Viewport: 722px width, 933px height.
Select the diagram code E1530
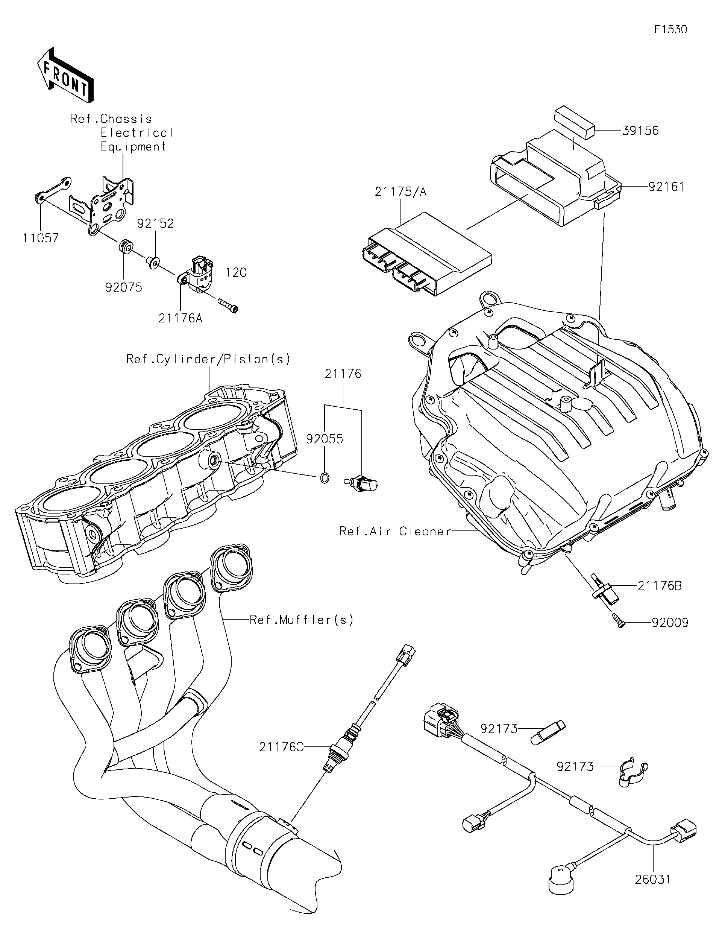[671, 29]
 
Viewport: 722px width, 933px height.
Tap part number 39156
[640, 130]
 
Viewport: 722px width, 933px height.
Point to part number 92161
[666, 186]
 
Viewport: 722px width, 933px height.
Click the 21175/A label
[400, 192]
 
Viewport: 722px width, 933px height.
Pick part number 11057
[41, 238]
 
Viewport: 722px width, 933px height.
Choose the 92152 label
[155, 223]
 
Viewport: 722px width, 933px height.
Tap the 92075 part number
[124, 287]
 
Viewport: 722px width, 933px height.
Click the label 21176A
[180, 318]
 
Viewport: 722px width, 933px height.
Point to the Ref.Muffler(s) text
[302, 620]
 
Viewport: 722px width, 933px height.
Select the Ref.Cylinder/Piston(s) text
[208, 359]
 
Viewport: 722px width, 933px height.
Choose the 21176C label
[281, 747]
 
